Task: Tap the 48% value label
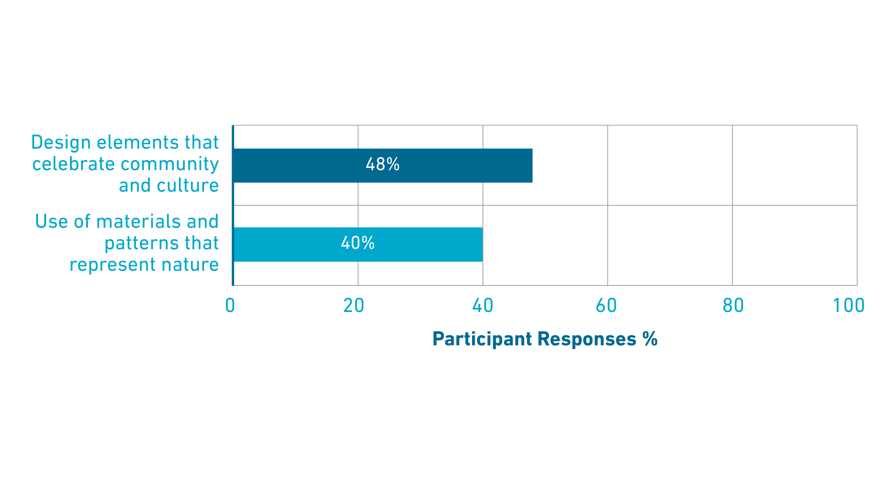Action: pyautogui.click(x=382, y=164)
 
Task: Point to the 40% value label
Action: pyautogui.click(x=358, y=243)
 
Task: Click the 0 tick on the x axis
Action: pyautogui.click(x=230, y=306)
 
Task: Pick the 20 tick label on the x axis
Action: pyautogui.click(x=353, y=306)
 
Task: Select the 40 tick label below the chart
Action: pyautogui.click(x=483, y=306)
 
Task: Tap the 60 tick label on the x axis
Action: pyautogui.click(x=606, y=306)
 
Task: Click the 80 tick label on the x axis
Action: pyautogui.click(x=733, y=306)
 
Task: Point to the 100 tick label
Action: pyautogui.click(x=848, y=306)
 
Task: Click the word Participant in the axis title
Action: pyautogui.click(x=482, y=339)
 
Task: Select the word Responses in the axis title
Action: pyautogui.click(x=587, y=339)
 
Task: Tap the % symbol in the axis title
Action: pyautogui.click(x=650, y=339)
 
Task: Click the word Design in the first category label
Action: pyautogui.click(x=61, y=143)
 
